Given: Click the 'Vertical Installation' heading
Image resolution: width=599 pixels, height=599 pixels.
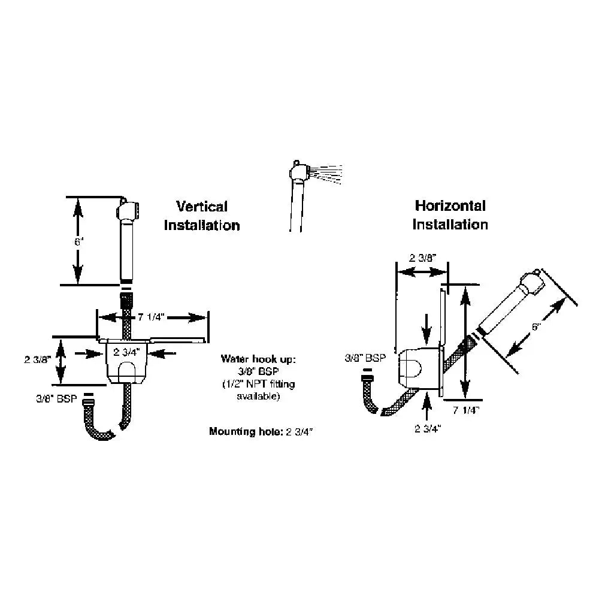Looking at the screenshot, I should tap(202, 216).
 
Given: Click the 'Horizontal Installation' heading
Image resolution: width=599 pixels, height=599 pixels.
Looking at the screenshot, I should tap(450, 215).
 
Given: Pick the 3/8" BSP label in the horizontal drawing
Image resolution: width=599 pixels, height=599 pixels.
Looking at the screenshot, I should tap(365, 358).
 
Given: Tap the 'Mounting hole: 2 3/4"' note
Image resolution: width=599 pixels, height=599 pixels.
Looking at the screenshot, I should tap(262, 431).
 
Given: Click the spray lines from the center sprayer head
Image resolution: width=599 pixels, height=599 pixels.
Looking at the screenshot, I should tap(327, 172).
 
